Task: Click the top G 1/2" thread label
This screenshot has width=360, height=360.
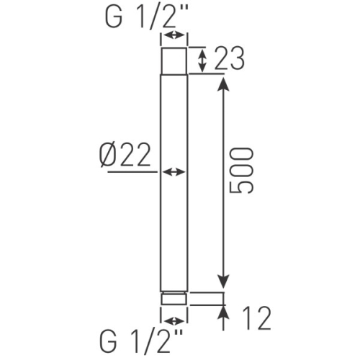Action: click(146, 17)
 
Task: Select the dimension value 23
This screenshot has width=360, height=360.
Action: click(229, 58)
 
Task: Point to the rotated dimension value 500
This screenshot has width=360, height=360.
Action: click(241, 171)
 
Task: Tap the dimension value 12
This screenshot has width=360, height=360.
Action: click(256, 318)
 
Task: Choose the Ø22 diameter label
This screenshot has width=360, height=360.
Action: click(125, 155)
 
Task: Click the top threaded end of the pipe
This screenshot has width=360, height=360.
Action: click(174, 61)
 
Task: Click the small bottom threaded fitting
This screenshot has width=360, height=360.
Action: click(174, 298)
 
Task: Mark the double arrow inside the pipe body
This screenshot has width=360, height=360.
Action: click(174, 172)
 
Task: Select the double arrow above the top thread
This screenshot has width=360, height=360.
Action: click(174, 35)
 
